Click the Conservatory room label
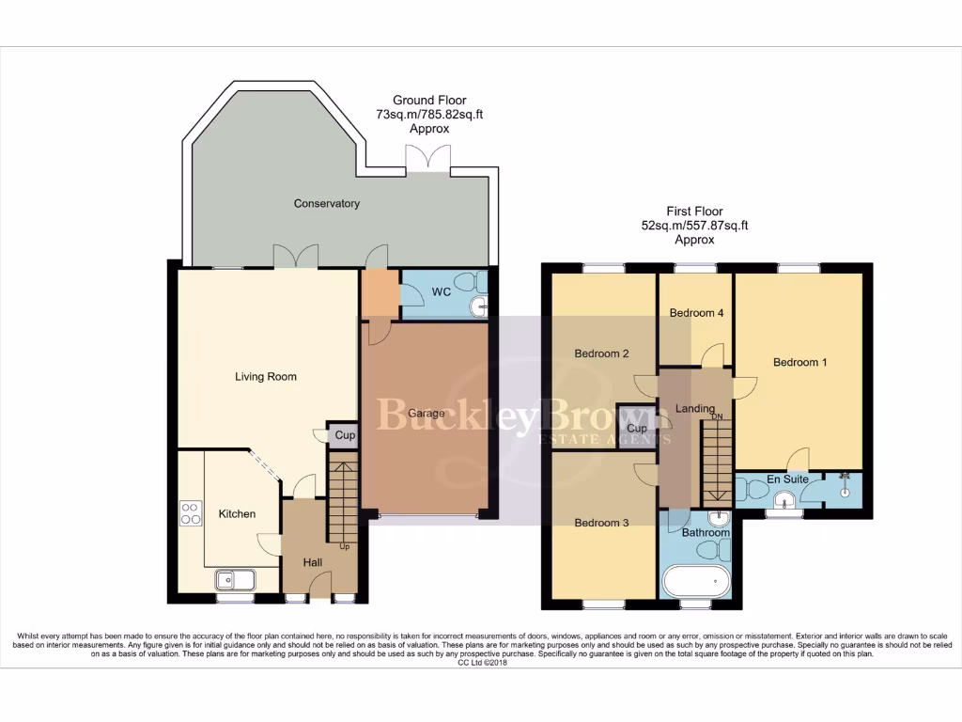tap(326, 203)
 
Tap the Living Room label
tap(266, 377)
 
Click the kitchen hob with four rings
tap(190, 513)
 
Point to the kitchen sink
tap(234, 580)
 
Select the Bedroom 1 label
tap(799, 362)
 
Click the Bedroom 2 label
tap(601, 354)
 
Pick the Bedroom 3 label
tap(601, 524)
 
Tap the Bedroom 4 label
tap(695, 313)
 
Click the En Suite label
tap(787, 479)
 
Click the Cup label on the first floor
tap(637, 429)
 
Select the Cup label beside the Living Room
tap(345, 435)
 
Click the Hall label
tap(313, 562)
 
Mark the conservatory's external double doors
tap(428, 158)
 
